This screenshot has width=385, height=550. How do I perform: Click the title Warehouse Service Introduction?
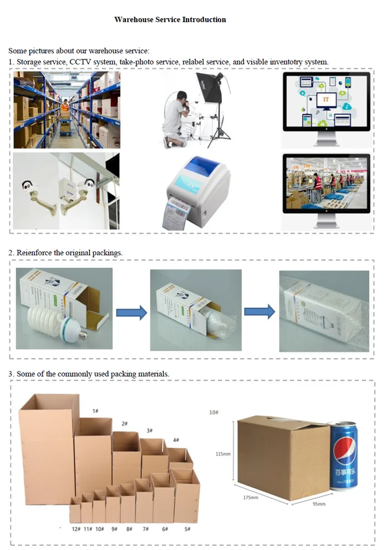tap(170, 20)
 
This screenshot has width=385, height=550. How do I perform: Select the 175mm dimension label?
tap(250, 497)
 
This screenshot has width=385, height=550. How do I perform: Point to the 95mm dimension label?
tap(318, 503)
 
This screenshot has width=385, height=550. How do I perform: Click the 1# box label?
tap(95, 411)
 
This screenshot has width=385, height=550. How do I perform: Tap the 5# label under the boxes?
tap(188, 529)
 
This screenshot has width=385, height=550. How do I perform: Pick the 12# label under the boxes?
tap(76, 529)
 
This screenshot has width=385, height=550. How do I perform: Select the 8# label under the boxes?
tap(129, 529)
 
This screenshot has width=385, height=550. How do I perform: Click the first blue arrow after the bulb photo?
tap(132, 312)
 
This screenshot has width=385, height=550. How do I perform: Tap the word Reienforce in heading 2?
tap(35, 252)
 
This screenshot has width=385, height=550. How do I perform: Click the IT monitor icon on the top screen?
tap(326, 101)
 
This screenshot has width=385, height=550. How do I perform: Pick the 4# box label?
tap(175, 439)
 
